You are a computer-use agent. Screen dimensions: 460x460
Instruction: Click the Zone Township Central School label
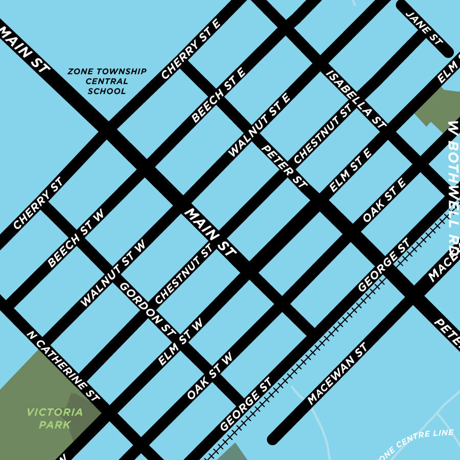107,81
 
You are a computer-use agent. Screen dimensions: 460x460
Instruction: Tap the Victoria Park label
55,418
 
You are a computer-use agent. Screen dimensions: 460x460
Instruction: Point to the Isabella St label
356,99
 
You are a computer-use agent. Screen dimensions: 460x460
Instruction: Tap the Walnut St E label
259,125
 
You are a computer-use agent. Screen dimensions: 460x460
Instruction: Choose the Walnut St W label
113,274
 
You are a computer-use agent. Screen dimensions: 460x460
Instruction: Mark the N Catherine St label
63,365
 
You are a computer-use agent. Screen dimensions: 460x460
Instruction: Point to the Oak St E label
384,200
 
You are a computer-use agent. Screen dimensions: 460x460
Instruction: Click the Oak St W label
210,376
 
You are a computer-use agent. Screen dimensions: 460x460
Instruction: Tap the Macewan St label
337,374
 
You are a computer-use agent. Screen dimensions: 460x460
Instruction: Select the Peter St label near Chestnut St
284,166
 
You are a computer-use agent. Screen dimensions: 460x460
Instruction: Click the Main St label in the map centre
210,232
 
